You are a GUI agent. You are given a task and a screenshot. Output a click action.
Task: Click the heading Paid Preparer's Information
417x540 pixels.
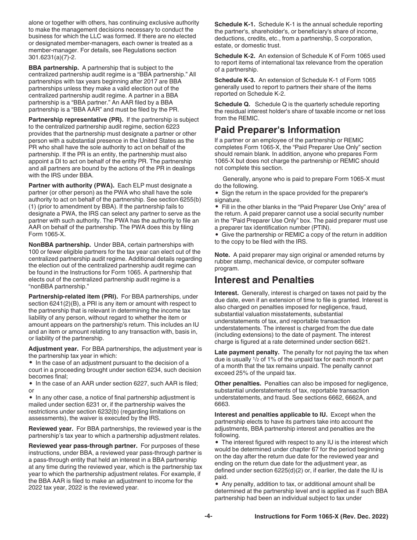coord(277,130)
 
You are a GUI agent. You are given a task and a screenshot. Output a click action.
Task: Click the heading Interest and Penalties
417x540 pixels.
coord(264,280)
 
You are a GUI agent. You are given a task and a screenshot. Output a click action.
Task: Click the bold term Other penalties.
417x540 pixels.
coord(237,383)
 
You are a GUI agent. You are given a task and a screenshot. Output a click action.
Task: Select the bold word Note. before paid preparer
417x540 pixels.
coord(222,255)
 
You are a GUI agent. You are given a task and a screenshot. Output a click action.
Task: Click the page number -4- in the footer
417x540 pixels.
coord(208,517)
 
